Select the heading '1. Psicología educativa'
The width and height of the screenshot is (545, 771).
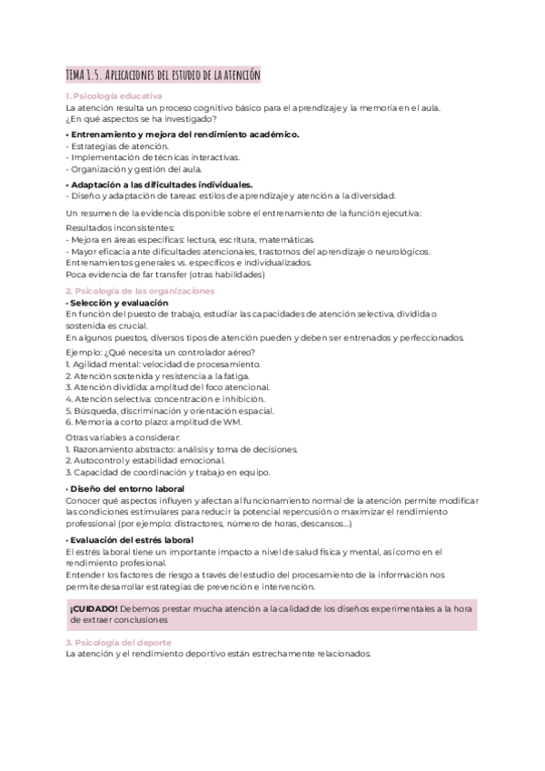114,95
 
